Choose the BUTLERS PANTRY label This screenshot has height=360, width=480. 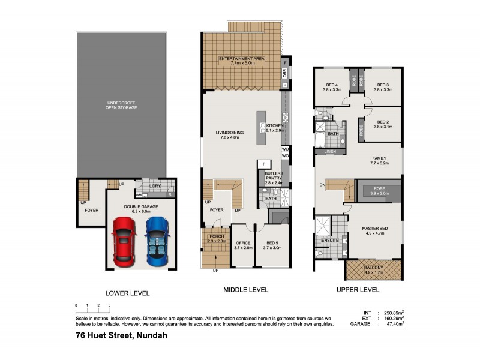(274, 177)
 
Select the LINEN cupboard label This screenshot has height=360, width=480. (329, 152)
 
